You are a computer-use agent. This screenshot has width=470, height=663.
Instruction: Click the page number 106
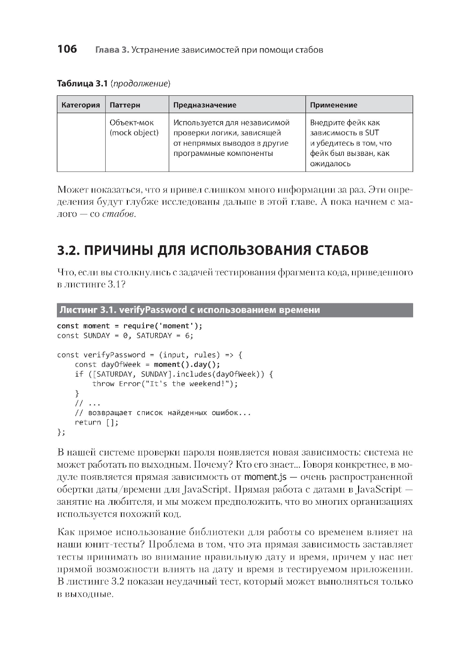click(67, 49)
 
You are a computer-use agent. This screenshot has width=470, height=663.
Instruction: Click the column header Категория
click(81, 105)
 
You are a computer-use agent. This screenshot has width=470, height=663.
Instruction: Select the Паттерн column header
click(125, 105)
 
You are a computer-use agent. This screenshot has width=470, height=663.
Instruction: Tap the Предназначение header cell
click(205, 105)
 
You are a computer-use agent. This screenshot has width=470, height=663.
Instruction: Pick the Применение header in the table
click(334, 105)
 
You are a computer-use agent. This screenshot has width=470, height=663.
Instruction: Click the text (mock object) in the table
click(134, 133)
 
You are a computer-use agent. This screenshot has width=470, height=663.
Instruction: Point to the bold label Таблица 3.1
click(82, 84)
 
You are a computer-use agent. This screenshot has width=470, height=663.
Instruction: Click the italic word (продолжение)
click(140, 84)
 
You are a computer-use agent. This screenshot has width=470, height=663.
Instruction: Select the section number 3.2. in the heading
click(68, 250)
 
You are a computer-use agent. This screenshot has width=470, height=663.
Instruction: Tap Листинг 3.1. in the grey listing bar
click(87, 310)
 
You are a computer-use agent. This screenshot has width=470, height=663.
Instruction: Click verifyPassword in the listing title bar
click(153, 310)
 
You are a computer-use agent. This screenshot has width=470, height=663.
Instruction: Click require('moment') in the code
click(162, 326)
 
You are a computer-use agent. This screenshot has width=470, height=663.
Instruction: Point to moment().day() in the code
click(187, 364)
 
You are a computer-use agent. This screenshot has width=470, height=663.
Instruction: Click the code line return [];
click(96, 422)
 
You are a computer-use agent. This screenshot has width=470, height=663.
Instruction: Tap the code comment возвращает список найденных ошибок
click(169, 413)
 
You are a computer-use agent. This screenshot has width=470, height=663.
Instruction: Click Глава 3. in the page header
click(112, 50)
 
